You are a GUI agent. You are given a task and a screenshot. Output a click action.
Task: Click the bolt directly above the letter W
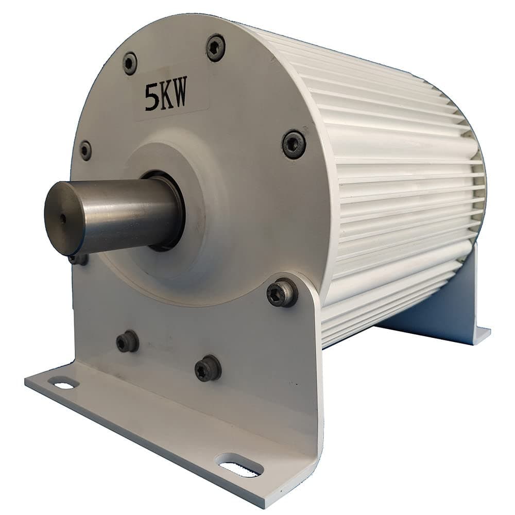pyautogui.click(x=216, y=47)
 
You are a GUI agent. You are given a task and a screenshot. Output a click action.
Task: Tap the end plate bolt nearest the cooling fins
pyautogui.click(x=294, y=144)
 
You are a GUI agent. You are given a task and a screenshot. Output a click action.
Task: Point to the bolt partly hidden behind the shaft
pyautogui.click(x=78, y=259)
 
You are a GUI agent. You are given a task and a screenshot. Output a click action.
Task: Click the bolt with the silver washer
pyautogui.click(x=282, y=293)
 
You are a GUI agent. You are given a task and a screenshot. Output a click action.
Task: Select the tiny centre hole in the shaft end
pyautogui.click(x=63, y=218)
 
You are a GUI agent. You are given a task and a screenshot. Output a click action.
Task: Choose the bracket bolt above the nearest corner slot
pyautogui.click(x=208, y=368)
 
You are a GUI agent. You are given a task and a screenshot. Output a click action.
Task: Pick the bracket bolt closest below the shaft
pyautogui.click(x=127, y=341)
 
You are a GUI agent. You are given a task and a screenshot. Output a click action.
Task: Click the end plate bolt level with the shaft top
pyautogui.click(x=85, y=150)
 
